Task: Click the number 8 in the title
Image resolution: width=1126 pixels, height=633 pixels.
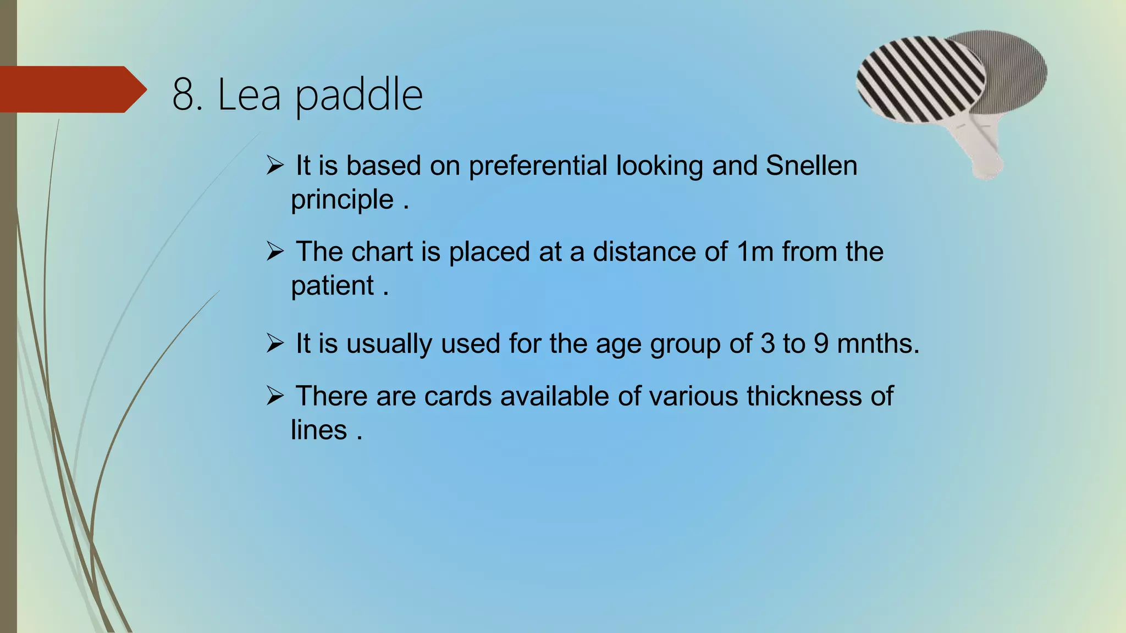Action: pyautogui.click(x=184, y=95)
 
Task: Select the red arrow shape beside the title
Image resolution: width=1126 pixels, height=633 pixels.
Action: pyautogui.click(x=71, y=89)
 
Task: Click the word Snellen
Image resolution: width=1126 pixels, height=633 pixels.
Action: pyautogui.click(x=811, y=165)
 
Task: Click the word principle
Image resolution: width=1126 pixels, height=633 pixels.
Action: pyautogui.click(x=342, y=200)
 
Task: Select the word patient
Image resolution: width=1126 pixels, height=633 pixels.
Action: pyautogui.click(x=332, y=286)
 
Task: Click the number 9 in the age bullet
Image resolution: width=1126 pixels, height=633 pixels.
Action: pyautogui.click(x=820, y=344)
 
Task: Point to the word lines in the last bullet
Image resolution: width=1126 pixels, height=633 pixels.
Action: pyautogui.click(x=319, y=430)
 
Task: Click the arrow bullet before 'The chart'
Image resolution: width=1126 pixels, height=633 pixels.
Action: pyautogui.click(x=275, y=252)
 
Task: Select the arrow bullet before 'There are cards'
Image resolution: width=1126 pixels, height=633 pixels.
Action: pyautogui.click(x=275, y=396)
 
